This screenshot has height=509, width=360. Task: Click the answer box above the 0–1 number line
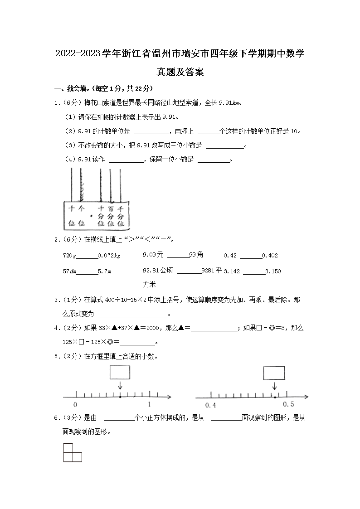point(120,372)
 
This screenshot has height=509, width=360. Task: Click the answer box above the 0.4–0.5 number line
point(274,372)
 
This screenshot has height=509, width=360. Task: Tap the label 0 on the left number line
point(75,404)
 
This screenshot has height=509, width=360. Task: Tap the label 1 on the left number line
point(149,404)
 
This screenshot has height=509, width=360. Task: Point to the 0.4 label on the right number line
point(210,405)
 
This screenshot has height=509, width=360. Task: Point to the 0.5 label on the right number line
point(288,404)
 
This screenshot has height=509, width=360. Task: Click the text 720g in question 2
point(70,256)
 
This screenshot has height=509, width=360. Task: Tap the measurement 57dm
point(69,271)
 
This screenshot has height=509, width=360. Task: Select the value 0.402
point(270,256)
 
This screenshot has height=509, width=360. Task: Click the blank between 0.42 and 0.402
point(251,257)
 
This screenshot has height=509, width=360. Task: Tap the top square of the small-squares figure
point(68,448)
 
